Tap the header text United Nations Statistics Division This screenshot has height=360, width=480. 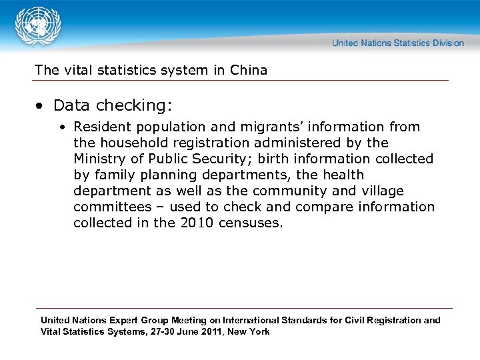click(x=397, y=43)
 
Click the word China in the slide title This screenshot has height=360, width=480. click(x=248, y=70)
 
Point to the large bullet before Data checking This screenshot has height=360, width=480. click(x=41, y=106)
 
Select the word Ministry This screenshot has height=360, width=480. click(x=99, y=159)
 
